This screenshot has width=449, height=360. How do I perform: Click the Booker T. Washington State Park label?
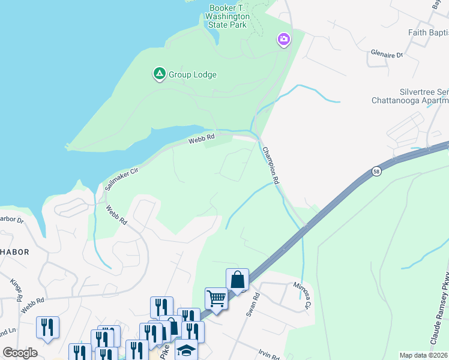(228, 17)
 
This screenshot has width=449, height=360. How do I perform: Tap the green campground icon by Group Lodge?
(159, 74)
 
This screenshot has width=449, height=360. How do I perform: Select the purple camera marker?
(283, 40)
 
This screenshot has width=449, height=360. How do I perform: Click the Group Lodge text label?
(192, 75)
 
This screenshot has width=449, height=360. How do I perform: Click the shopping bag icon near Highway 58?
(237, 279)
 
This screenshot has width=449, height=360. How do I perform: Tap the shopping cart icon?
(216, 298)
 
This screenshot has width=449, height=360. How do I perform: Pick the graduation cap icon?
(187, 349)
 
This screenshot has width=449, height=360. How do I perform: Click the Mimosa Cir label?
(304, 295)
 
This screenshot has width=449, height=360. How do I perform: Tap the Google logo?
(20, 353)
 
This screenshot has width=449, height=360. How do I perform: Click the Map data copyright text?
(423, 355)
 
